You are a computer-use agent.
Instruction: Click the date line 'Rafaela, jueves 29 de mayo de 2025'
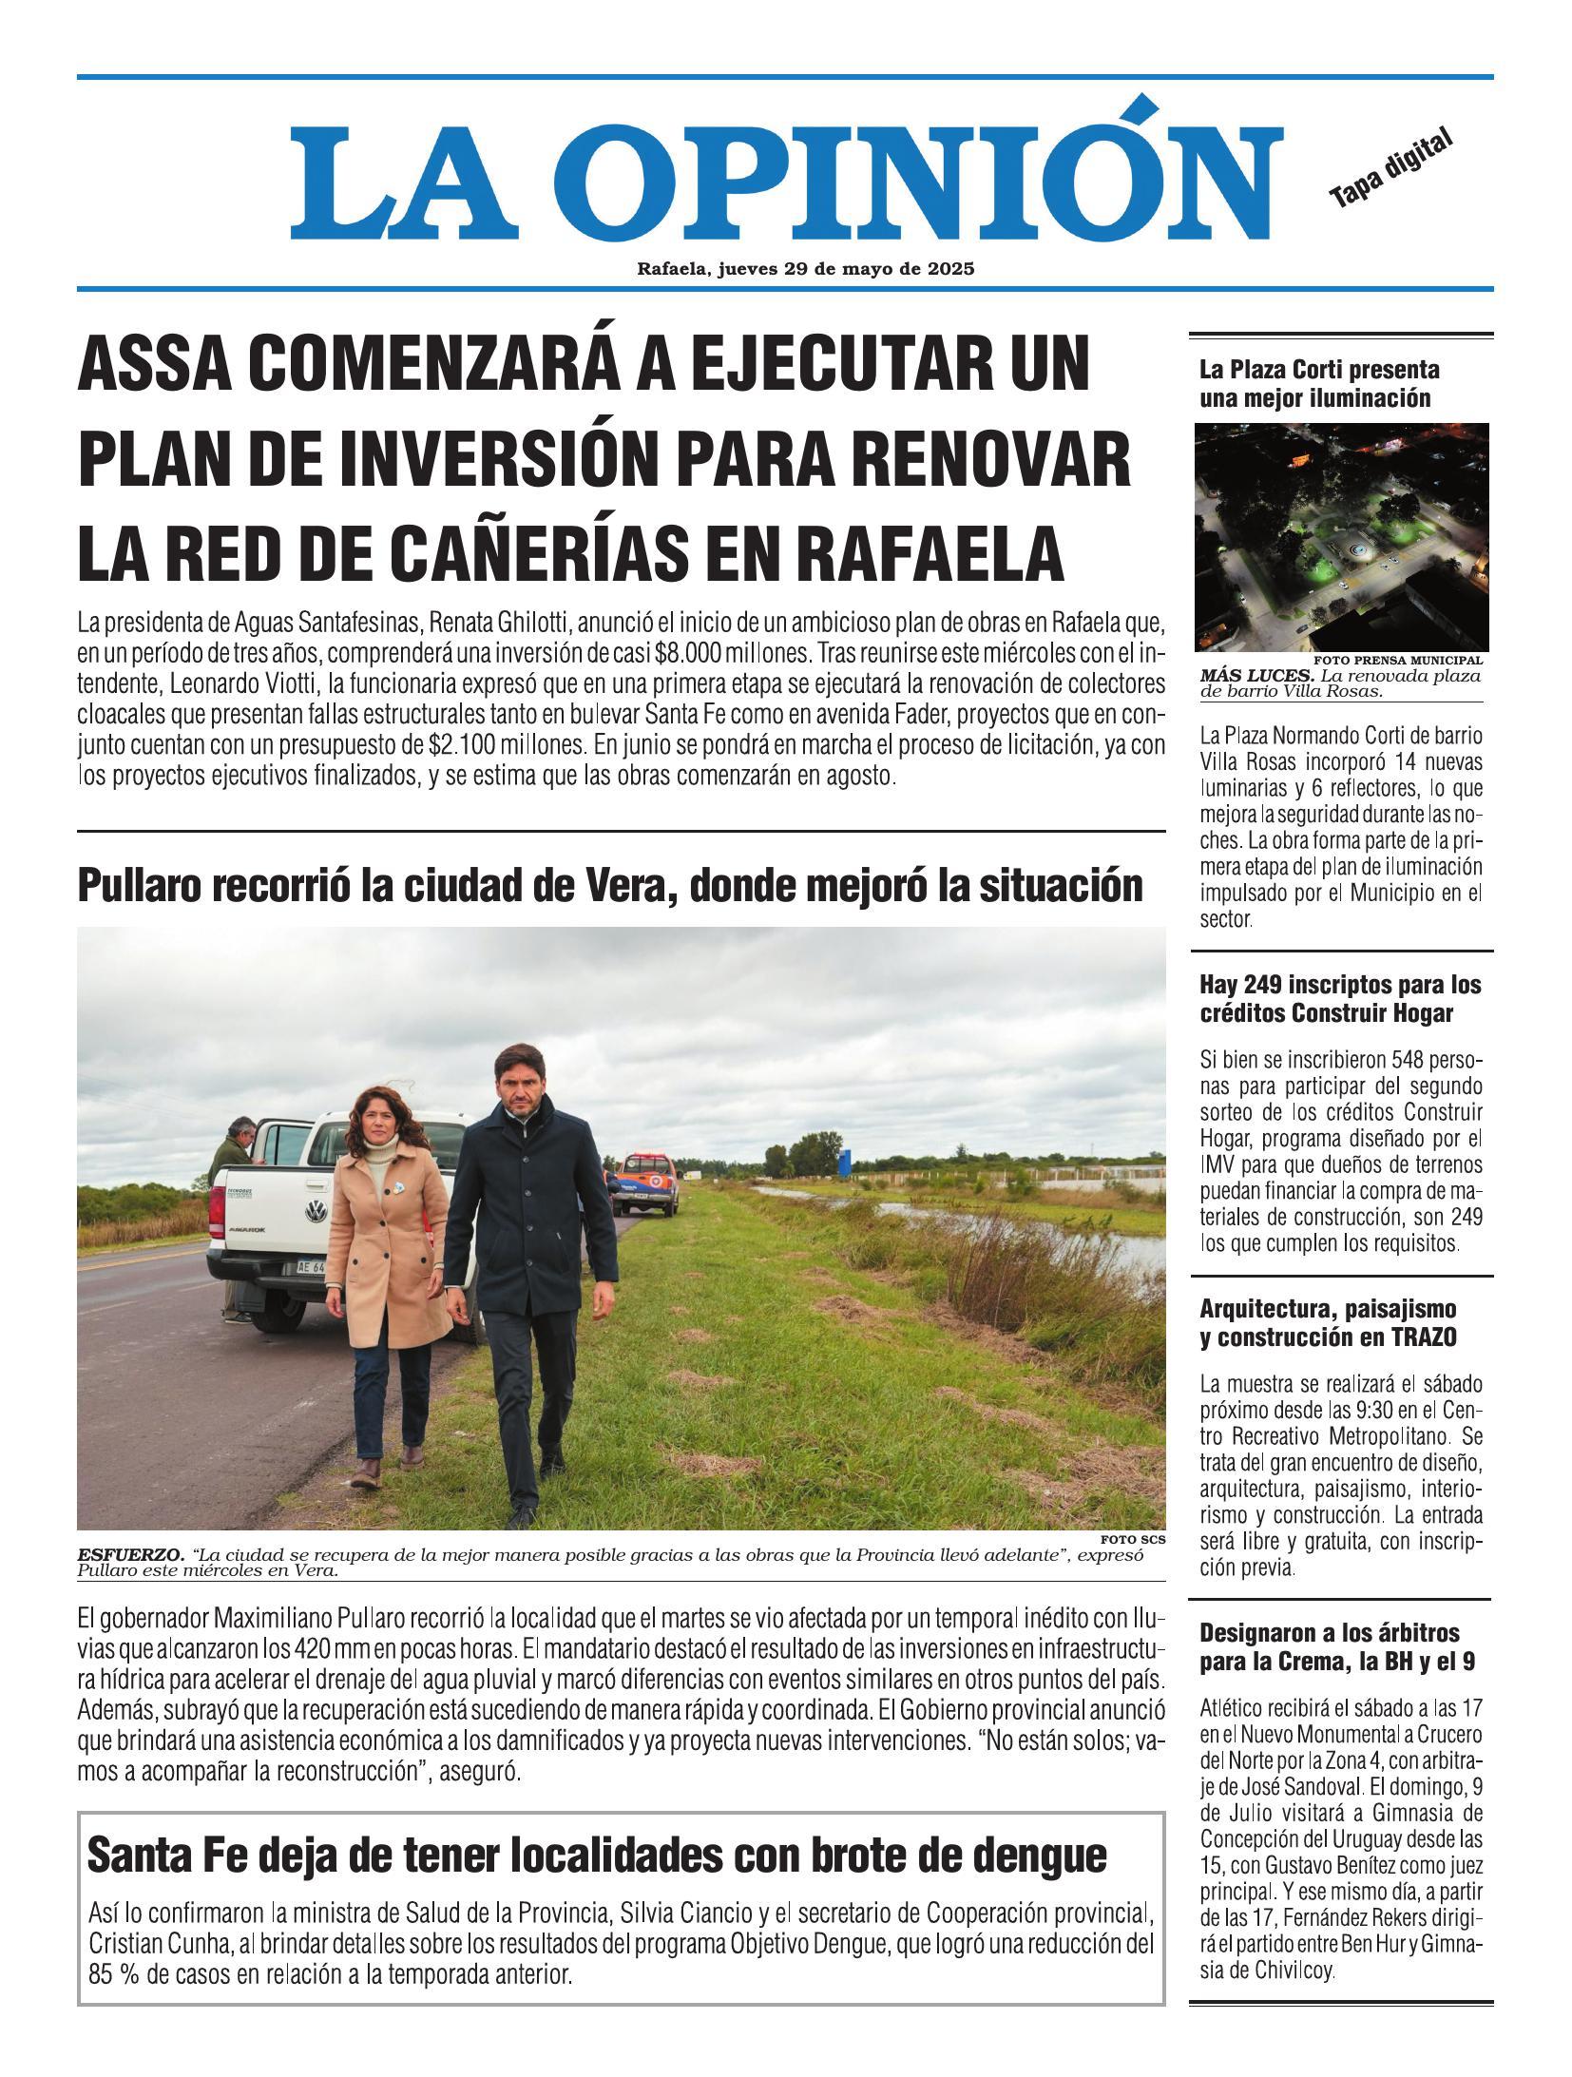806,269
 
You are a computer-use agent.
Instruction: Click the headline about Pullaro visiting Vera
609,886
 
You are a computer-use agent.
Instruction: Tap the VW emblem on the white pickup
312,1210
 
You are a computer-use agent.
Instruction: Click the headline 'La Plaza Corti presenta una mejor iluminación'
1319,383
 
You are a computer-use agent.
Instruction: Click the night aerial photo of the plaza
1341,536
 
